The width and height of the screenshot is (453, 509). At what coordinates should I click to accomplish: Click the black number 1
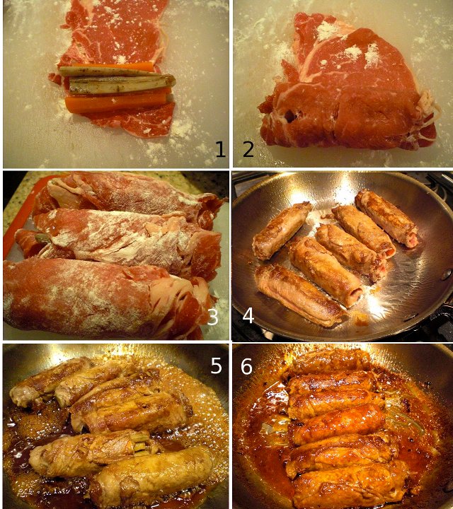point(220,149)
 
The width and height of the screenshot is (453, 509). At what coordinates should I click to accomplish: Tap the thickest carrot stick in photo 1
point(117,103)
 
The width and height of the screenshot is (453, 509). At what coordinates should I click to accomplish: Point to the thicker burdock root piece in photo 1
point(122,85)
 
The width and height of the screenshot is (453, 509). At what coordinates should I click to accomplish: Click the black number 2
point(248,149)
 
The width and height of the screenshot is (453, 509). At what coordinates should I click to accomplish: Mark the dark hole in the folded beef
point(290,115)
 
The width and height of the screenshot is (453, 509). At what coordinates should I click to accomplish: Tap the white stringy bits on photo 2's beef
point(425,107)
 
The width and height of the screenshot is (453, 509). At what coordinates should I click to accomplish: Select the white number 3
point(213,317)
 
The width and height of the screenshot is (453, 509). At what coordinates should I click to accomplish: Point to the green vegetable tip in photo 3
point(42,238)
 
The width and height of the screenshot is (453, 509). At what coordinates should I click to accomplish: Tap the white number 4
point(248,315)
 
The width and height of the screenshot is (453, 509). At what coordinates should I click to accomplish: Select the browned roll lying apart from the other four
point(282,230)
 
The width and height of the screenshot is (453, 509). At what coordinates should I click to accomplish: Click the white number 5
point(216,366)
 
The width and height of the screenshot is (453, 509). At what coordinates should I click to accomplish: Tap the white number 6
point(246,366)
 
